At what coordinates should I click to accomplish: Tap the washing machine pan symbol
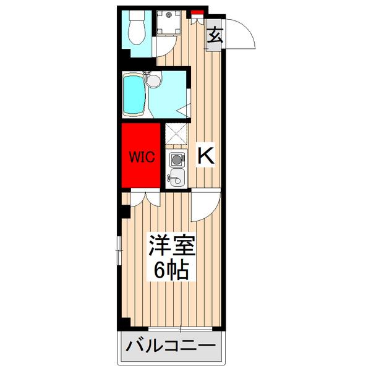pyautogui.click(x=166, y=23)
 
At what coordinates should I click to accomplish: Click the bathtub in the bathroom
pyautogui.click(x=134, y=94)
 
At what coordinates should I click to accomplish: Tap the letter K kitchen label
pyautogui.click(x=205, y=156)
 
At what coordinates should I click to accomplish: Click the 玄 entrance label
pyautogui.click(x=215, y=35)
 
